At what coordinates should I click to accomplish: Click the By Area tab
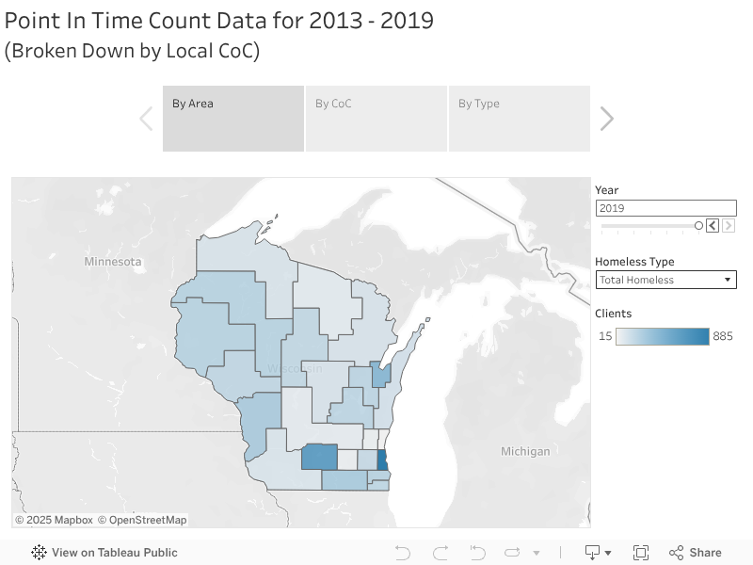(x=233, y=118)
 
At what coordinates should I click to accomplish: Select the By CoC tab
(x=376, y=118)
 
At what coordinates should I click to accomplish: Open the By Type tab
(x=519, y=118)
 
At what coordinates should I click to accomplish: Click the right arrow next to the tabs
(x=607, y=119)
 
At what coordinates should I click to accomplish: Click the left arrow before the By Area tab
(x=146, y=119)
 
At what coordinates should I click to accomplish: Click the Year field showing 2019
(x=665, y=208)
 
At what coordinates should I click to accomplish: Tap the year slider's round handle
(x=698, y=226)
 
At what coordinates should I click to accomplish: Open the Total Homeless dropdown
(x=665, y=280)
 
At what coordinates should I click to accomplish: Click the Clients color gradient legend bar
(x=663, y=336)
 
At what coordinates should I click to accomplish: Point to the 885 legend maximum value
(x=723, y=336)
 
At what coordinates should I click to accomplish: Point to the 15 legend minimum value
(x=605, y=336)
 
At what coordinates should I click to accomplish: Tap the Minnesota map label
(x=112, y=261)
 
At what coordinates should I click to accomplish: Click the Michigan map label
(x=525, y=451)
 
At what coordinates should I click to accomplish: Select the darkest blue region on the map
(x=381, y=460)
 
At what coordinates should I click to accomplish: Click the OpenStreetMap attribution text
(x=142, y=520)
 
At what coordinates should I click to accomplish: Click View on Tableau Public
(x=104, y=553)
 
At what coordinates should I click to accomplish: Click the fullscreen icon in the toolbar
(x=641, y=553)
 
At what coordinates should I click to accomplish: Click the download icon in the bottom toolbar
(x=593, y=553)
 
